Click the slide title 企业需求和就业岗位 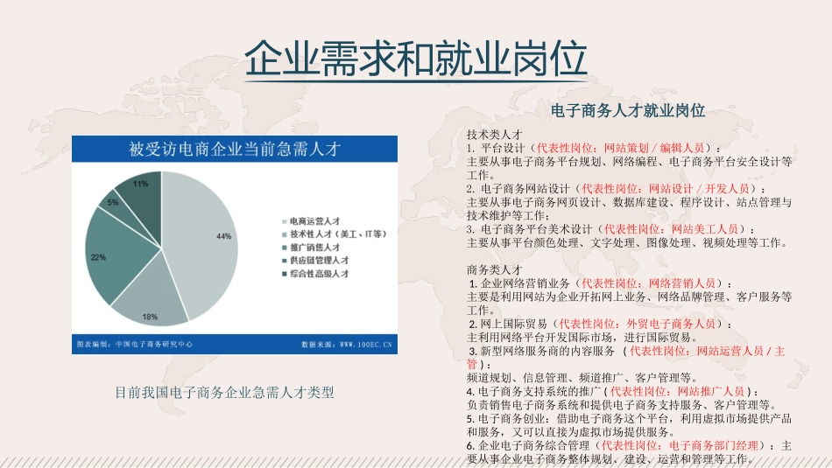(415, 59)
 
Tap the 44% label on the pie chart (223, 237)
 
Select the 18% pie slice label (150, 316)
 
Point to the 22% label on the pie (98, 257)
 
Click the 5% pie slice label (113, 202)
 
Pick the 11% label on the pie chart (140, 185)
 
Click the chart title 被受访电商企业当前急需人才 (234, 150)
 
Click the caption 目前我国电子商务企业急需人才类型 (224, 393)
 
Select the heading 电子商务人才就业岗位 (628, 111)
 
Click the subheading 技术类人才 (495, 136)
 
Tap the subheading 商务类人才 (495, 269)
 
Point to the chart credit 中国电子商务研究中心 (154, 345)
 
